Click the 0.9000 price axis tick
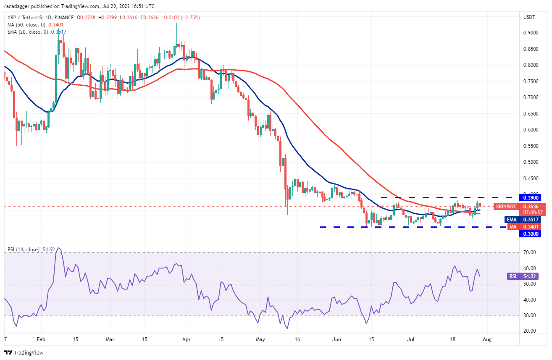531,33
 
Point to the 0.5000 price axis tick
531,162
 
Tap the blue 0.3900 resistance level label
531,197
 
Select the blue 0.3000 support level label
531,234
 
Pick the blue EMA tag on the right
510,219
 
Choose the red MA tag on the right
512,227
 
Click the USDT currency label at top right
529,17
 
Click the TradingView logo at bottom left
24,352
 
